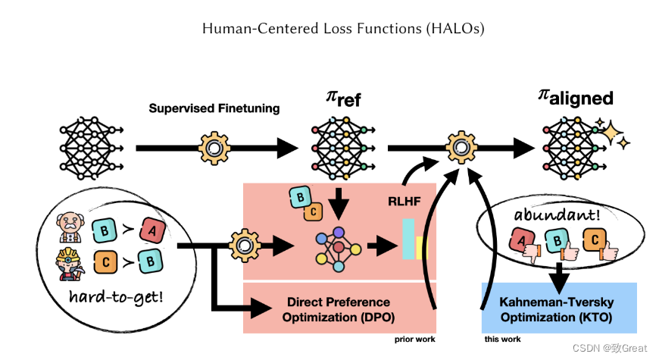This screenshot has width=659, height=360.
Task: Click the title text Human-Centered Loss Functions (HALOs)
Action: pyautogui.click(x=343, y=29)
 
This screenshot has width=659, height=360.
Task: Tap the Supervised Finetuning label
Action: pyautogui.click(x=214, y=108)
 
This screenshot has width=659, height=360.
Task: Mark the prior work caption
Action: pyautogui.click(x=415, y=340)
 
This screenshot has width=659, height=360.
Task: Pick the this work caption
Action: pyautogui.click(x=502, y=340)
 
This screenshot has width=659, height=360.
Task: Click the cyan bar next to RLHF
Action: pyautogui.click(x=409, y=239)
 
